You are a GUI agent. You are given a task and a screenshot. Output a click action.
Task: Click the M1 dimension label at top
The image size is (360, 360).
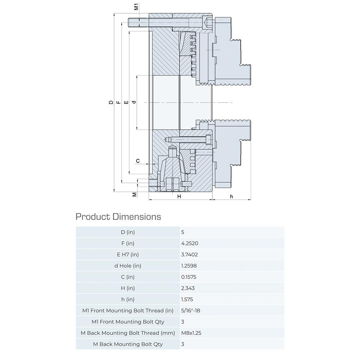tap(136, 7)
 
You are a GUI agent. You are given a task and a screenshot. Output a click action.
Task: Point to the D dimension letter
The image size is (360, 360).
tap(111, 103)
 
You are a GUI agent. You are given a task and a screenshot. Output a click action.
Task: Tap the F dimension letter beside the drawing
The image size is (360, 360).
tap(118, 103)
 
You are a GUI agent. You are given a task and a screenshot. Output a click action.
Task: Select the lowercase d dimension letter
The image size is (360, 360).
tap(134, 103)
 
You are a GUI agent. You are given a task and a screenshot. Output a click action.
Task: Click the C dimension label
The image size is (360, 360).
tap(138, 161)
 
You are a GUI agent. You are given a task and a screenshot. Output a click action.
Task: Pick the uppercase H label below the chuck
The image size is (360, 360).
tap(179, 197)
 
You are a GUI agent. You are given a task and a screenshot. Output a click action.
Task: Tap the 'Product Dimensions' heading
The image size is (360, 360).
tap(118, 217)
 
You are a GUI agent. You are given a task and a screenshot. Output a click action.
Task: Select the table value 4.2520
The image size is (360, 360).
tap(190, 243)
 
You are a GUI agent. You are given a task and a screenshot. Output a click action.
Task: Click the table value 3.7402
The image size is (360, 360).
tap(190, 255)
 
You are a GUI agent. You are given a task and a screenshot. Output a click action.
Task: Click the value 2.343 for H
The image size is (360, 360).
tap(188, 288)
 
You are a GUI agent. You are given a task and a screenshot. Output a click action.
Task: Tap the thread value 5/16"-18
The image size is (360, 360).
tap(191, 310)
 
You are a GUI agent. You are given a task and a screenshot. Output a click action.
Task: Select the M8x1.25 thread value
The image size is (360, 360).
tap(191, 333)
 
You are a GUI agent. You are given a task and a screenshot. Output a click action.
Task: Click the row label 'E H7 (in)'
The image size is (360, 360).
tap(127, 255)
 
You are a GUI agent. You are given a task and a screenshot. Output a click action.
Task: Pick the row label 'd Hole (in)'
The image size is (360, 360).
tap(127, 266)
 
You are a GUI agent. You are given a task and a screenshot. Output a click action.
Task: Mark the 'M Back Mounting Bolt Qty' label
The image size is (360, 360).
tap(127, 344)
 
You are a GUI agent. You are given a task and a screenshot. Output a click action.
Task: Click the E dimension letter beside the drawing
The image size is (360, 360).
tap(126, 103)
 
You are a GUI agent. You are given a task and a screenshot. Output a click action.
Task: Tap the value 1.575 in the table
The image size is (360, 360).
tap(187, 299)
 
